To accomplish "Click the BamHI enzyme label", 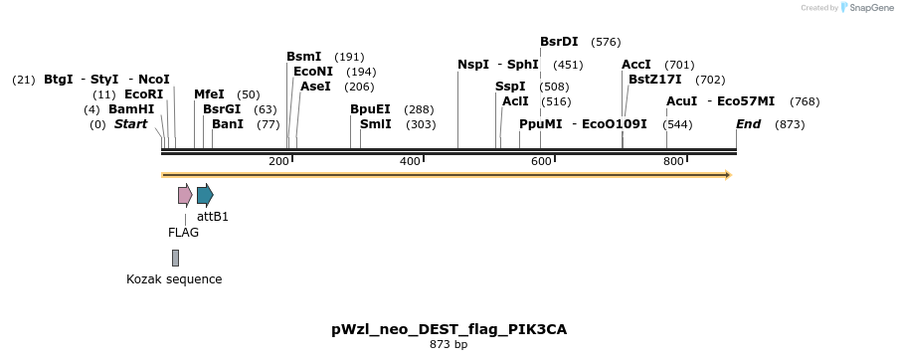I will pyautogui.click(x=131, y=109).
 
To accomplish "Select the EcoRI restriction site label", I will pyautogui.click(x=143, y=94).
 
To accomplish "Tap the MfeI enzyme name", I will pyautogui.click(x=209, y=94).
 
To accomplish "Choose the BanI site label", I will pyautogui.click(x=228, y=124).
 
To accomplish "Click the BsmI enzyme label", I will pyautogui.click(x=304, y=57).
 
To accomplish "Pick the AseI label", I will pyautogui.click(x=315, y=87).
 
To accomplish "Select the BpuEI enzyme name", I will pyautogui.click(x=370, y=109).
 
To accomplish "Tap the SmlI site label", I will pyautogui.click(x=375, y=124).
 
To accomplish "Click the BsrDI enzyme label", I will pyautogui.click(x=559, y=42).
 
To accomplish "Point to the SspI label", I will pyautogui.click(x=510, y=87).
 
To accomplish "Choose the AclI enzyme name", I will pyautogui.click(x=516, y=101).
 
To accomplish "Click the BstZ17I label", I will pyautogui.click(x=654, y=80).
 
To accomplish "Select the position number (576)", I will pyautogui.click(x=606, y=42).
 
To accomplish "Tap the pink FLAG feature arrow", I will pyautogui.click(x=185, y=194).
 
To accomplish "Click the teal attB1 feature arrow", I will pyautogui.click(x=205, y=194).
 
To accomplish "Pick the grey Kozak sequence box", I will pyautogui.click(x=175, y=258).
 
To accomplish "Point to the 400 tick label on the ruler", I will pyautogui.click(x=410, y=161).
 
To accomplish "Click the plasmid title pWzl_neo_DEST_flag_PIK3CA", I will pyautogui.click(x=449, y=329).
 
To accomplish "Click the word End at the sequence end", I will pyautogui.click(x=748, y=124).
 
